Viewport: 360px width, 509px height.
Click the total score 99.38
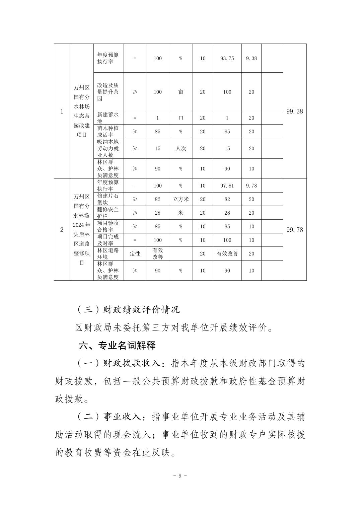pyautogui.click(x=294, y=111)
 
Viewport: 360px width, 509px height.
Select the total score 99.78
pyautogui.click(x=294, y=229)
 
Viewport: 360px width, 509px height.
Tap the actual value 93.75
pyautogui.click(x=227, y=58)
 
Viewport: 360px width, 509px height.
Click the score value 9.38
pyautogui.click(x=251, y=58)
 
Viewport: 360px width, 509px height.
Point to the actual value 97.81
pyautogui.click(x=227, y=186)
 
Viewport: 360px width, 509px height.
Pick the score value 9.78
pyautogui.click(x=251, y=186)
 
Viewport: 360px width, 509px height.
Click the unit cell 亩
pyautogui.click(x=181, y=92)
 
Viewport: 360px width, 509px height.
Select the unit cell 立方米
pyautogui.click(x=181, y=199)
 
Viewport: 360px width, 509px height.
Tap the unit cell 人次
pyautogui.click(x=181, y=148)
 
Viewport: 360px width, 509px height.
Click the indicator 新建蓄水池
pyautogui.click(x=108, y=118)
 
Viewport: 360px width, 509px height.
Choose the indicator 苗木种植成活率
pyautogui.click(x=108, y=132)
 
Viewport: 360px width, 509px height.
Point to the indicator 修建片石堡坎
pyautogui.click(x=108, y=199)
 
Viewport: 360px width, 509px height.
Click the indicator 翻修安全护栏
pyautogui.click(x=108, y=213)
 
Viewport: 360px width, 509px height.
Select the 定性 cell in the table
pyautogui.click(x=135, y=253)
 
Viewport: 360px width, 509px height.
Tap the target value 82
pyautogui.click(x=157, y=199)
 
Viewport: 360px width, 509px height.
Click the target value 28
pyautogui.click(x=157, y=213)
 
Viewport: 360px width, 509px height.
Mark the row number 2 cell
pyautogui.click(x=62, y=229)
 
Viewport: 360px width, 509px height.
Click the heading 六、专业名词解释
pyautogui.click(x=117, y=345)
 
